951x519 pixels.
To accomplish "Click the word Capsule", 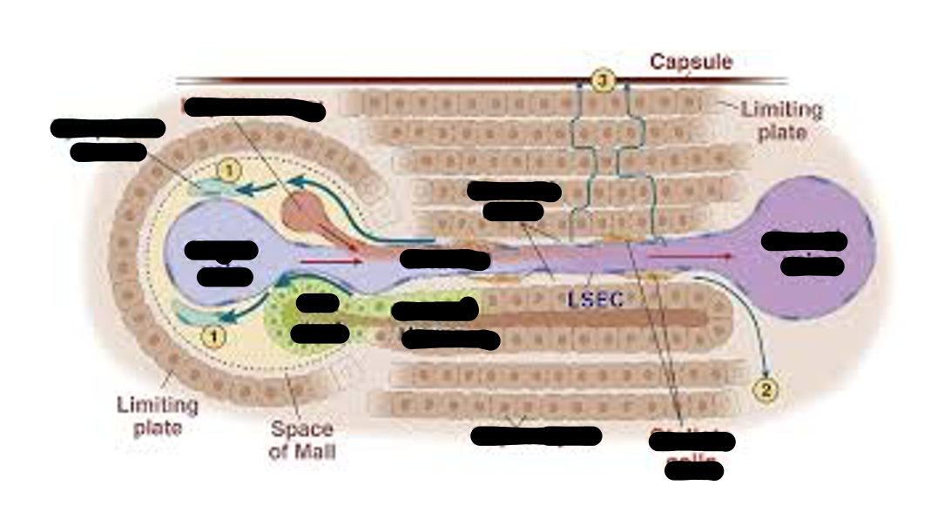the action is [691, 62].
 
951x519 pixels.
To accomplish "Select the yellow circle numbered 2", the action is [766, 389].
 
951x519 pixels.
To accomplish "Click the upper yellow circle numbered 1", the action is [226, 172].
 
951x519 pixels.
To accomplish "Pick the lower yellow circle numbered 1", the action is [215, 334].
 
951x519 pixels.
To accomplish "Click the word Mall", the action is [302, 452].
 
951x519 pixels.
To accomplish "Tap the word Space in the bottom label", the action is [301, 429].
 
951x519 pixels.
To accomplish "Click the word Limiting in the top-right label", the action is [781, 110].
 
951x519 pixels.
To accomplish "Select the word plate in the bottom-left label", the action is [158, 428].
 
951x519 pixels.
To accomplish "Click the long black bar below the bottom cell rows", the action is [536, 435].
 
